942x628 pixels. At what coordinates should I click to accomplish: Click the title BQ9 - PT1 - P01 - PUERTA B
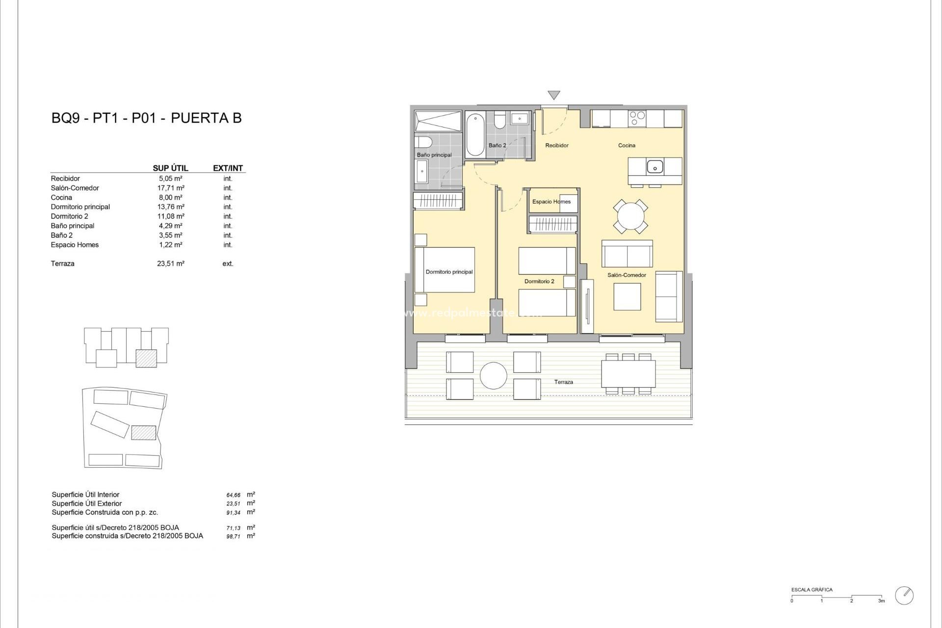pos(146,118)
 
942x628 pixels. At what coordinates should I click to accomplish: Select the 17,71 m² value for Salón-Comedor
pos(170,188)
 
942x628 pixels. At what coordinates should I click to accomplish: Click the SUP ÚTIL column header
pos(170,168)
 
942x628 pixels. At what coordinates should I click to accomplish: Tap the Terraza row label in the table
pos(63,263)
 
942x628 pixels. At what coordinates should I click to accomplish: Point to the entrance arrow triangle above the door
pos(553,95)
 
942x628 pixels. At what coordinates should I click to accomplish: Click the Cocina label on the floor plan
pos(627,145)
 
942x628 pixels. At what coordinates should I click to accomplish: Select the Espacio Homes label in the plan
pos(551,202)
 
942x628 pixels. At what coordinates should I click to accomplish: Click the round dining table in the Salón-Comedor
pos(630,216)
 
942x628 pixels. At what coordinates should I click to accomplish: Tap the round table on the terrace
pos(493,376)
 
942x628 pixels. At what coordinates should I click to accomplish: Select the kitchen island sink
pos(654,167)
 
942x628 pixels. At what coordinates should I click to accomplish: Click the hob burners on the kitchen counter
pos(637,118)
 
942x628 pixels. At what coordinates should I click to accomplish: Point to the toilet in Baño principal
pos(423,142)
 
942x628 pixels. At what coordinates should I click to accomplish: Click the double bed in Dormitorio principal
pos(445,270)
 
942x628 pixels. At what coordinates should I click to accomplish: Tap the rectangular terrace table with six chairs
pos(628,374)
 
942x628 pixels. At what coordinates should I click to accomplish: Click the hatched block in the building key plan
pos(146,358)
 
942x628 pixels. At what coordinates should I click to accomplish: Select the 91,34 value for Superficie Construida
pos(233,513)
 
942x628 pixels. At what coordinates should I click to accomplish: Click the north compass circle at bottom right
pos(904,595)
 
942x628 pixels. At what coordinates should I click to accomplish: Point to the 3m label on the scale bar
pos(881,601)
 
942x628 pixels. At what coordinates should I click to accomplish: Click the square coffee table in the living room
pos(627,297)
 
